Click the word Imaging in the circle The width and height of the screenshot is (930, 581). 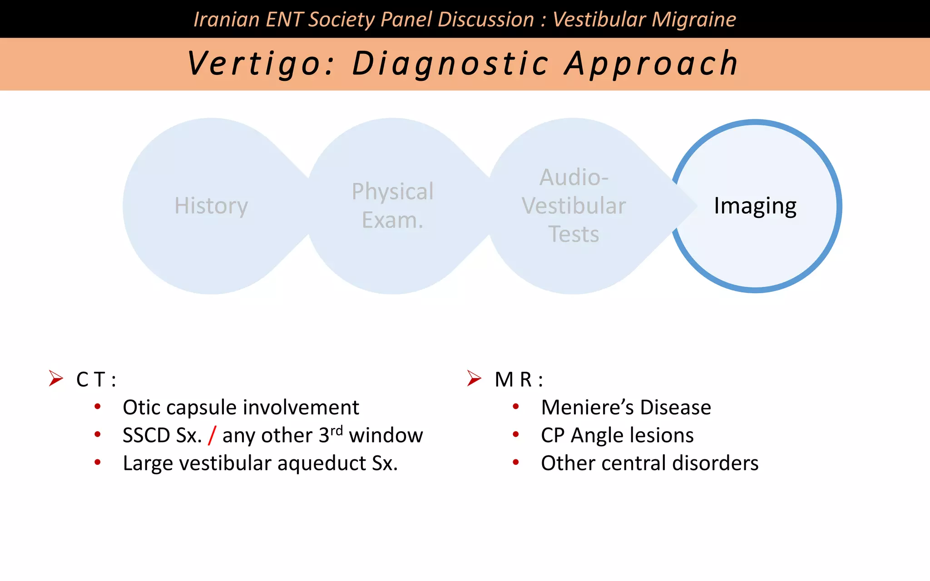755,206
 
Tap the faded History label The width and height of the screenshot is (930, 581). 211,206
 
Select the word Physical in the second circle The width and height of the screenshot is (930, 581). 392,192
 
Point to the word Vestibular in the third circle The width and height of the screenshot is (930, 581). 574,206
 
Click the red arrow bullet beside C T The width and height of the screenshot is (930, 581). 56,378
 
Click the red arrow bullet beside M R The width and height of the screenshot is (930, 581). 474,378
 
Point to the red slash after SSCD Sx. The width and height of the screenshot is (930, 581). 212,435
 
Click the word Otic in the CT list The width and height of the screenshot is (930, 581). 142,407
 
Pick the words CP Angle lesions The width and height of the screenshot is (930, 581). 617,435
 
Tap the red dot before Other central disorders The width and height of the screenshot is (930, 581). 516,463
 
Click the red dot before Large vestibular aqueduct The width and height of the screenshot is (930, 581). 98,463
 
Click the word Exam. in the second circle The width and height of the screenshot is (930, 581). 392,221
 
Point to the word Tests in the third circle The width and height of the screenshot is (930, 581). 574,235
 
